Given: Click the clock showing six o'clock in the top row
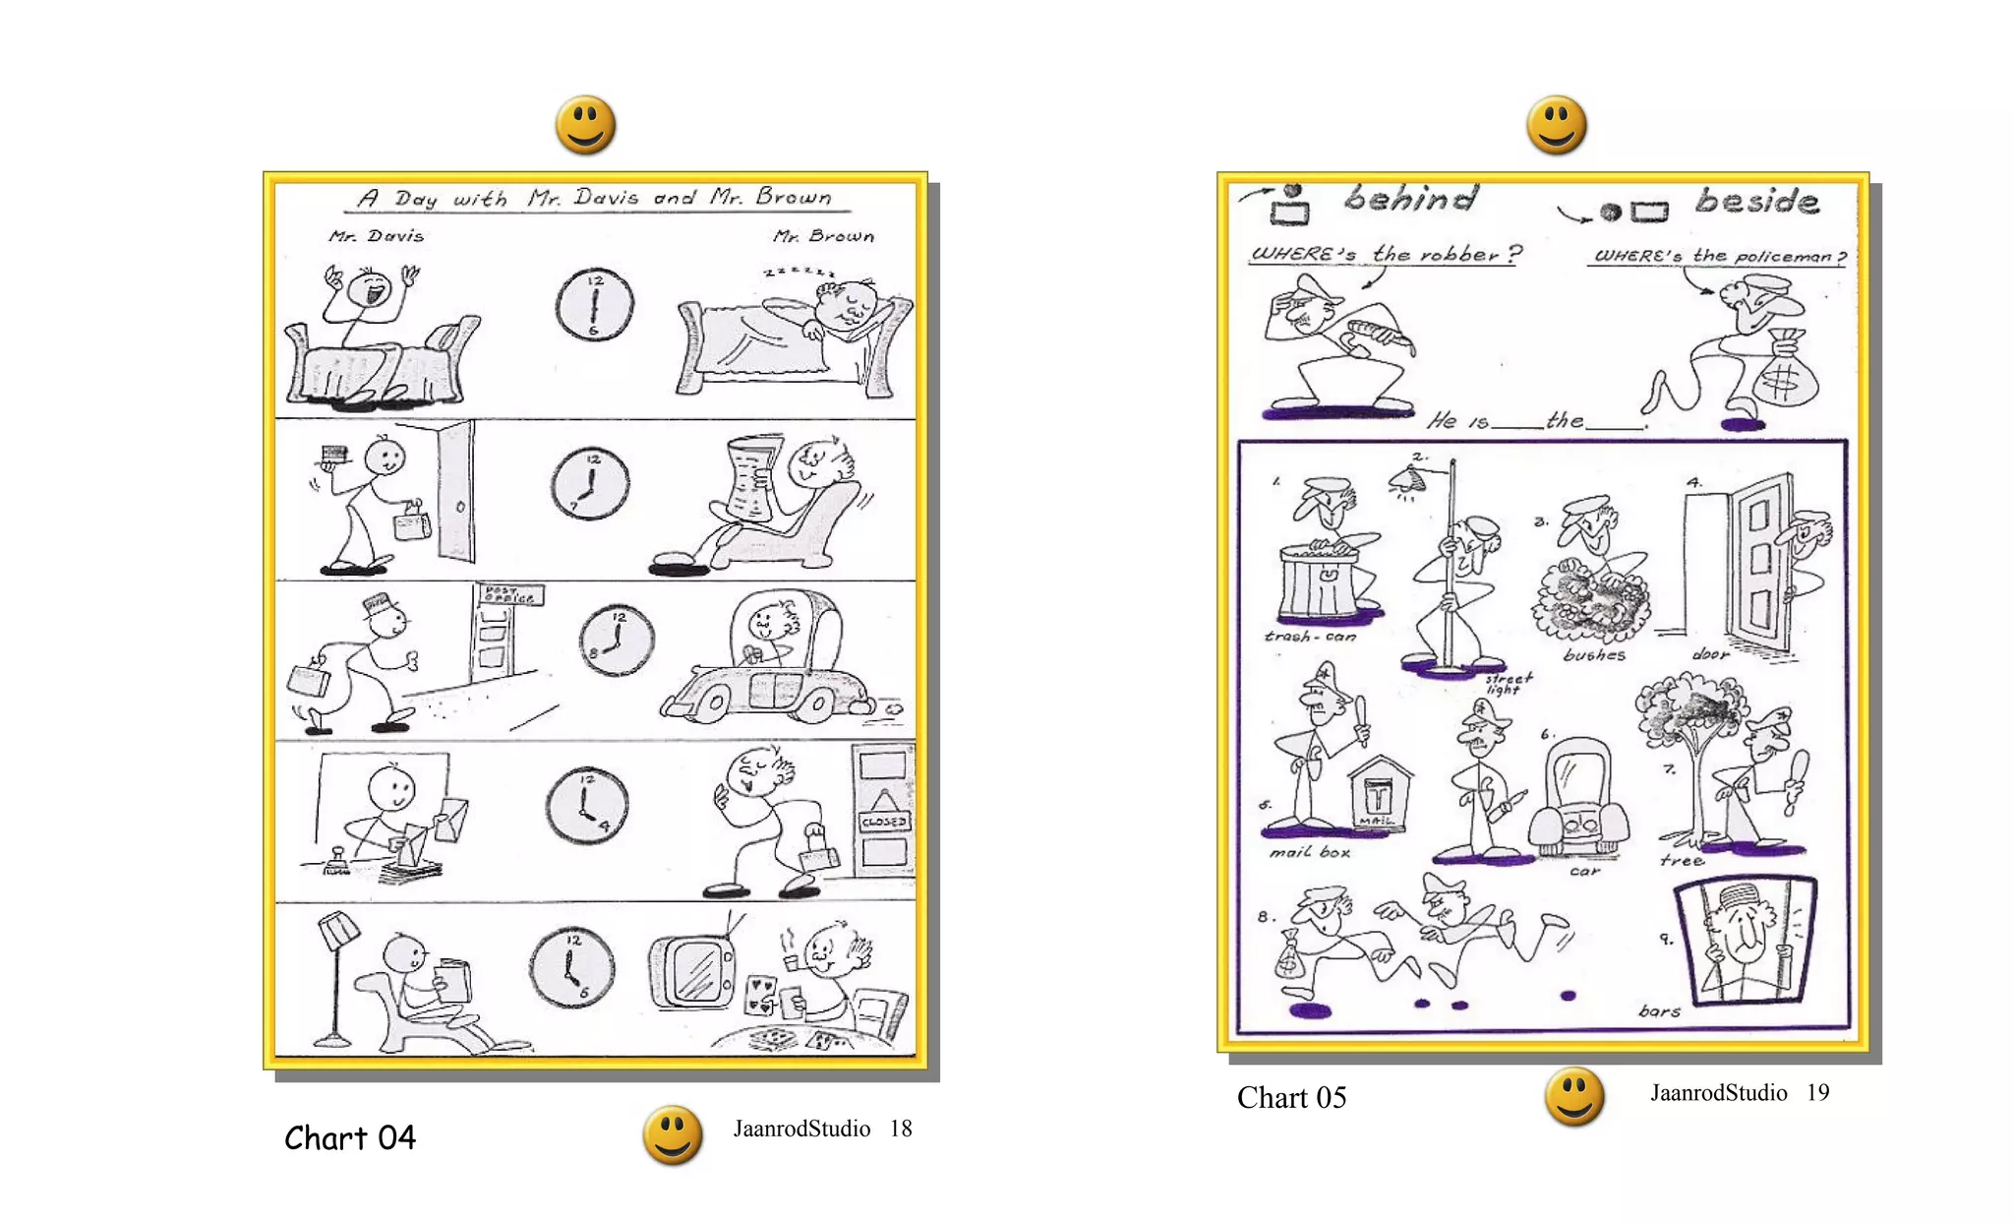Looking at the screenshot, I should tap(594, 305).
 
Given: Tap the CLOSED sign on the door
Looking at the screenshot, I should tap(883, 821).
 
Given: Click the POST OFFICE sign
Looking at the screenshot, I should tap(509, 594).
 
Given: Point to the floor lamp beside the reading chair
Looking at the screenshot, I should tap(337, 974).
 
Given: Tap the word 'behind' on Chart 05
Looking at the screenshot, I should tap(1411, 198).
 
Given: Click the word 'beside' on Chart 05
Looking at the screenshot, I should tap(1756, 201).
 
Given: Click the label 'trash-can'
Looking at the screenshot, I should tap(1310, 637).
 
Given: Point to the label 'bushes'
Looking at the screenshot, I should tap(1594, 654).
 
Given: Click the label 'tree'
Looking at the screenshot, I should tap(1681, 860).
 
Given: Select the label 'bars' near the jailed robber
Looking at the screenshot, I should tap(1658, 1010).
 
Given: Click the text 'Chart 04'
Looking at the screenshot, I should tap(350, 1138).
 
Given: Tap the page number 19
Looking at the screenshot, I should tap(1817, 1093).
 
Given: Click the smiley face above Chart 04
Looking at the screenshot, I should tap(585, 125).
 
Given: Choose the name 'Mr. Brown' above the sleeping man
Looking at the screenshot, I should tap(823, 236).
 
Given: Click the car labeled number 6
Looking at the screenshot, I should tap(1578, 798).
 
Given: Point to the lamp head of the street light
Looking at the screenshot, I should tap(1409, 480).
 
